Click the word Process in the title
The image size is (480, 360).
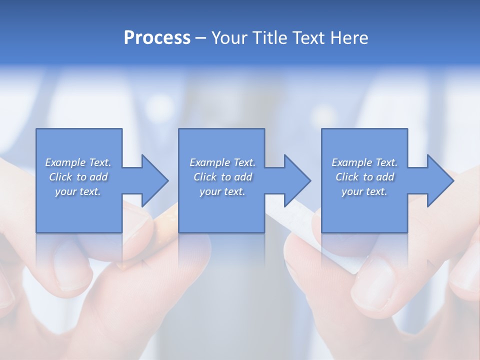157,38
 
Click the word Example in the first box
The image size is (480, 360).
65,162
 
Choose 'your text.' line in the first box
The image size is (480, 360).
78,191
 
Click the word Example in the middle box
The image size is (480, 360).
209,162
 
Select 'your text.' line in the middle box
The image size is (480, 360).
222,191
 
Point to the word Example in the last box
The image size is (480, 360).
351,162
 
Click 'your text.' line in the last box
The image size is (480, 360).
364,191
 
